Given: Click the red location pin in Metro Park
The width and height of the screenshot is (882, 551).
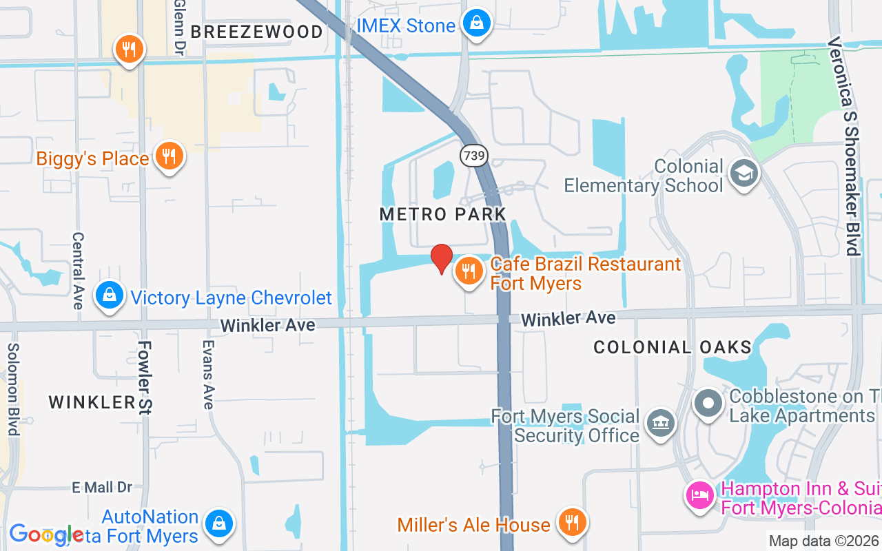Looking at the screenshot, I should point(442,258).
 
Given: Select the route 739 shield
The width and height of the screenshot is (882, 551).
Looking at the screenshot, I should point(474,156).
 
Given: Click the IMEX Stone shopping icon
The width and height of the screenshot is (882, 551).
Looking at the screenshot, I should point(476,24).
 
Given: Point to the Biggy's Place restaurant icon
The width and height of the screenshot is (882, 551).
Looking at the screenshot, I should point(168,157).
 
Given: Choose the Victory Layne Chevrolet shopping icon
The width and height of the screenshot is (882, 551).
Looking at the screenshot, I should point(109,296).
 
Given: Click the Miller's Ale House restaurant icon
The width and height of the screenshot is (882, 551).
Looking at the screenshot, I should point(571,523).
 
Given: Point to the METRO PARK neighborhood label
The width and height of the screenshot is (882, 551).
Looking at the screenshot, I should point(443,214).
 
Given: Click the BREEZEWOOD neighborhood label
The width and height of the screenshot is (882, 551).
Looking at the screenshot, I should point(256,32).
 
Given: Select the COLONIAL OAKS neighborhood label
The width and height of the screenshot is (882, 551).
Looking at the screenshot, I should point(673,347).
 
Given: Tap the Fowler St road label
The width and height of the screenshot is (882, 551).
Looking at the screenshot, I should point(144,377).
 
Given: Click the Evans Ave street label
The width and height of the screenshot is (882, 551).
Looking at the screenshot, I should point(207,375).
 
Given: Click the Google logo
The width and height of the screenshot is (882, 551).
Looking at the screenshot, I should point(46,534).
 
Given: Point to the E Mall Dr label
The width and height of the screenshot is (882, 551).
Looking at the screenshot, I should point(102,488).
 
